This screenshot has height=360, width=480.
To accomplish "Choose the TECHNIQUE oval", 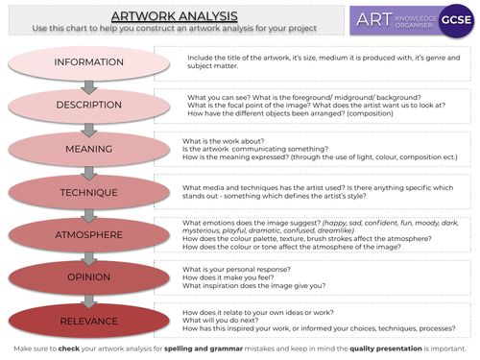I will (x=88, y=192).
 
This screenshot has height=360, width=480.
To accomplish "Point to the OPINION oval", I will (x=88, y=277).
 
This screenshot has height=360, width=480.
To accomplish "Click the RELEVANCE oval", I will (x=88, y=320).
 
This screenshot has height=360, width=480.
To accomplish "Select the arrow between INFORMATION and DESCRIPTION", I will (x=88, y=84).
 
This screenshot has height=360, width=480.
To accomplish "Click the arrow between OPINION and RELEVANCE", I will (x=88, y=299).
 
